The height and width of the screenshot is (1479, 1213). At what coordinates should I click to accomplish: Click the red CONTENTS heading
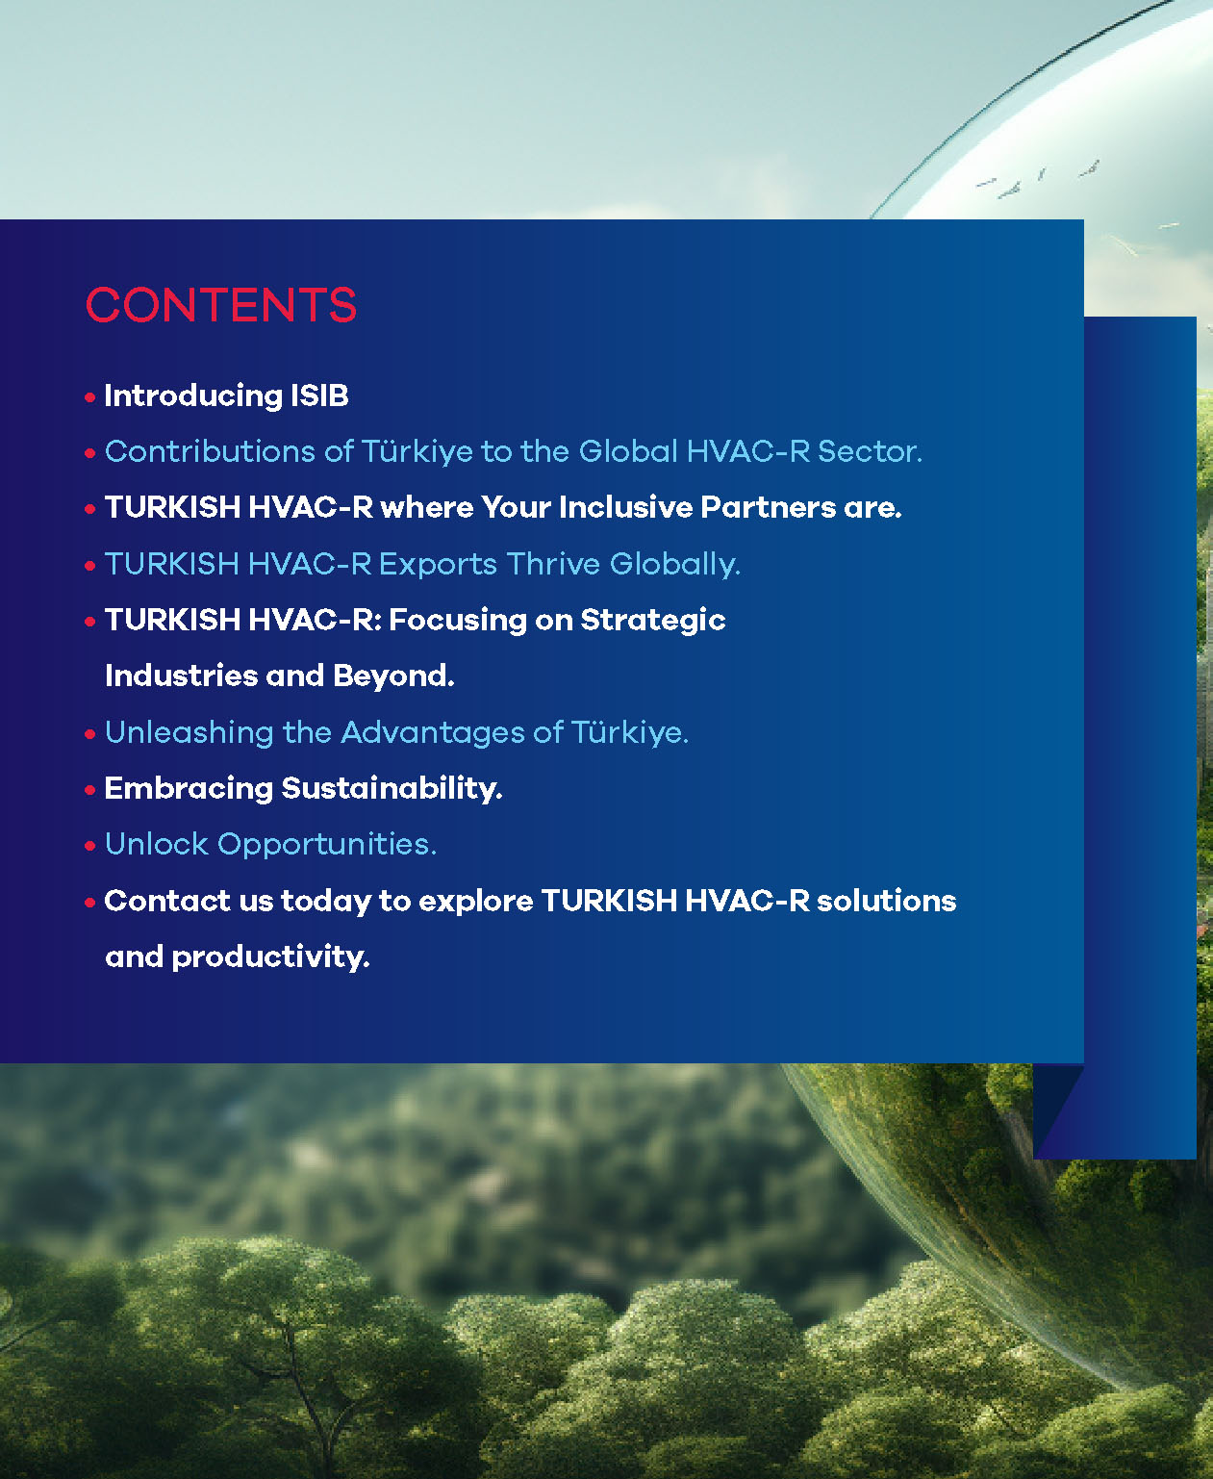coord(221,305)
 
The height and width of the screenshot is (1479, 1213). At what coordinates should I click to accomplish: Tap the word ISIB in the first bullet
coord(319,395)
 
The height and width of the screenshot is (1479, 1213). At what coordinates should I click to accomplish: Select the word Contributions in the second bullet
coord(210,451)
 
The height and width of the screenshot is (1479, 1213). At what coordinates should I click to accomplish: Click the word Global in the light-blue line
coord(628,451)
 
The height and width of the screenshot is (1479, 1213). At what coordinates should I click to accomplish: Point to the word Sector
coord(871,451)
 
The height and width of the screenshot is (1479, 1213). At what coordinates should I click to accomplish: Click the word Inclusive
coord(625,507)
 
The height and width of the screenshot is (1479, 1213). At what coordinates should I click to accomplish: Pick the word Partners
coord(768,508)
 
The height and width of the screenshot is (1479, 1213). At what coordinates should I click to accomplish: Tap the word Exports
coord(438,565)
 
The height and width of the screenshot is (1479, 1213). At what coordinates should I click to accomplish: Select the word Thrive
coord(553,564)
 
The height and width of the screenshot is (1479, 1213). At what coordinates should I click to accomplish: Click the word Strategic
coord(653,621)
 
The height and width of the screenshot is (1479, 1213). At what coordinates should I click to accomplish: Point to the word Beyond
coord(393,676)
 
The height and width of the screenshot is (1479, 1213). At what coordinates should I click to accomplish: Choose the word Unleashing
coord(189,733)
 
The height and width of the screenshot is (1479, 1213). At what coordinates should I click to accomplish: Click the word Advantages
coord(433,733)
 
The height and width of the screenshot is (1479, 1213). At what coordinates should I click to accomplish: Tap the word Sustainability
coord(392,789)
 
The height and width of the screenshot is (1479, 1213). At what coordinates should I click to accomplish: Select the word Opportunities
coord(327,845)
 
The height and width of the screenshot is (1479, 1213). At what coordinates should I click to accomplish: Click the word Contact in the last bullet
coord(167,901)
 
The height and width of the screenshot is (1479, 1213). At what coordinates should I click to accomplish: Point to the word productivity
coord(270,957)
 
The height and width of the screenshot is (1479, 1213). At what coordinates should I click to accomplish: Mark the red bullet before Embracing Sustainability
coord(89,790)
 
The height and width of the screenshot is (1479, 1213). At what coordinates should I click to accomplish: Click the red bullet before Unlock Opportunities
coord(89,847)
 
